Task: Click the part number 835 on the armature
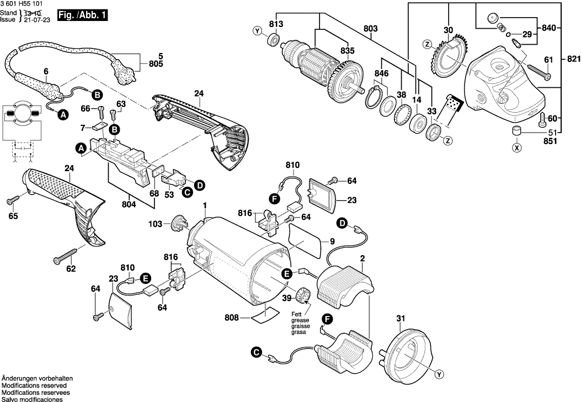click(x=347, y=51)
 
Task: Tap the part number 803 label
click(x=371, y=28)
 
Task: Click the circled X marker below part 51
click(x=516, y=147)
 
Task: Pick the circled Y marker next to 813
click(x=257, y=31)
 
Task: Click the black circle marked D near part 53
click(x=199, y=185)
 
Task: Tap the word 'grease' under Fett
click(x=301, y=320)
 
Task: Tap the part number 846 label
click(x=382, y=73)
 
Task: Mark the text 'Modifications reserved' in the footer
click(x=34, y=385)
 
